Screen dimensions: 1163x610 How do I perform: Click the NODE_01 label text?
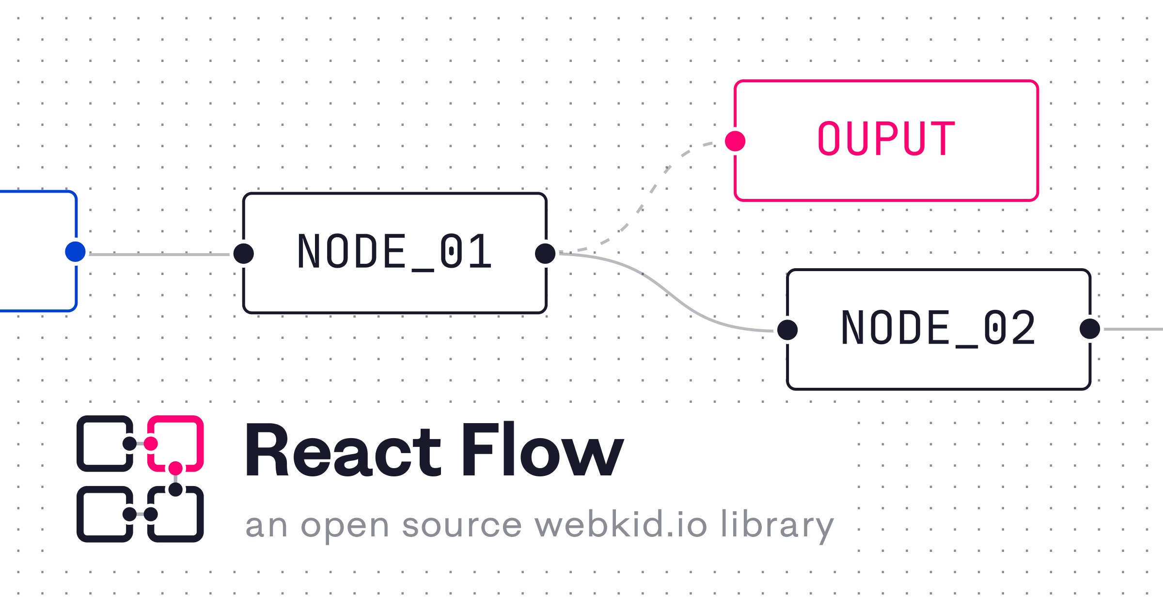pyautogui.click(x=395, y=252)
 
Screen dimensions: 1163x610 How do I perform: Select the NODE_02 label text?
pyautogui.click(x=939, y=329)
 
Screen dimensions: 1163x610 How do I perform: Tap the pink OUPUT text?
pyautogui.click(x=886, y=138)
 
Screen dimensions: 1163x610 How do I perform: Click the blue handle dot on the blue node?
pyautogui.click(x=75, y=252)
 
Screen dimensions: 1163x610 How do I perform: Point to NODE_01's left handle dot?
pyautogui.click(x=243, y=254)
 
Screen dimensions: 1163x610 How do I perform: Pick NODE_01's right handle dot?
pyautogui.click(x=545, y=254)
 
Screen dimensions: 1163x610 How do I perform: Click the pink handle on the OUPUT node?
pyautogui.click(x=735, y=141)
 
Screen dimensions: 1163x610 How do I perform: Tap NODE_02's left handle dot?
pyautogui.click(x=787, y=330)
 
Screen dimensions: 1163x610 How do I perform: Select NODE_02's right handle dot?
pyautogui.click(x=1090, y=329)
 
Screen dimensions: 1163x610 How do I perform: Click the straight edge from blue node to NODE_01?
pyautogui.click(x=159, y=254)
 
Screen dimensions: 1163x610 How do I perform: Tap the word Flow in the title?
pyautogui.click(x=542, y=450)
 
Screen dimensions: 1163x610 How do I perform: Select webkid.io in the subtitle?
pyautogui.click(x=621, y=523)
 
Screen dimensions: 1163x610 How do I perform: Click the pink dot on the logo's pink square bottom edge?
pyautogui.click(x=175, y=468)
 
